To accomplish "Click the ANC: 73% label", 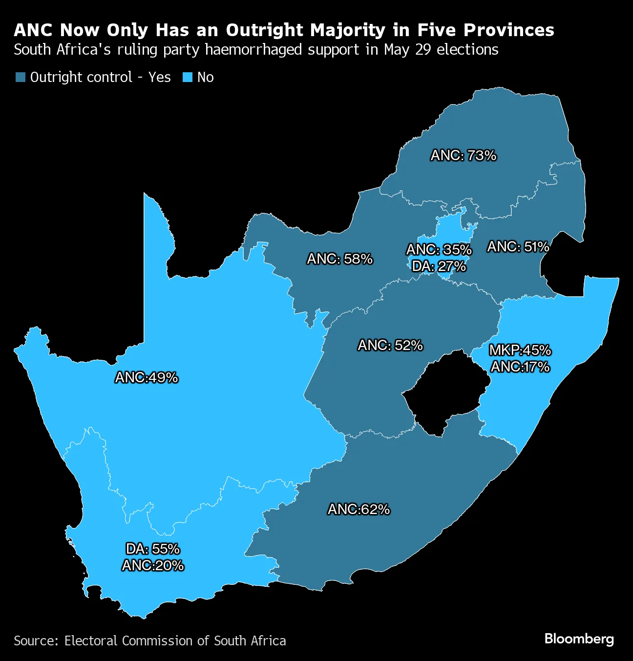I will (463, 156).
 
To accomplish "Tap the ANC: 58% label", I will (339, 259).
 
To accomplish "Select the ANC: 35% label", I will (439, 250).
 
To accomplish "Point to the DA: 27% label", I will (439, 267).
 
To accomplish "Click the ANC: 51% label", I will (518, 247).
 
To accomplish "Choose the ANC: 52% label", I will (390, 346).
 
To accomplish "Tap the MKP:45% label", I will (520, 350).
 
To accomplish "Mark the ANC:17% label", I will (520, 367).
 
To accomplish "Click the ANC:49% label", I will (146, 378).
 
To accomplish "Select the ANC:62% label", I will (359, 510).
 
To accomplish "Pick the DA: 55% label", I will (152, 549).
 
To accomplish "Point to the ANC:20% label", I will (152, 566).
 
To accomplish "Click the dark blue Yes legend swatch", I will (21, 78).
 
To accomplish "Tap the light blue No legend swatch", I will (188, 78).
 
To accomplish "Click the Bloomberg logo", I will (579, 639).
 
